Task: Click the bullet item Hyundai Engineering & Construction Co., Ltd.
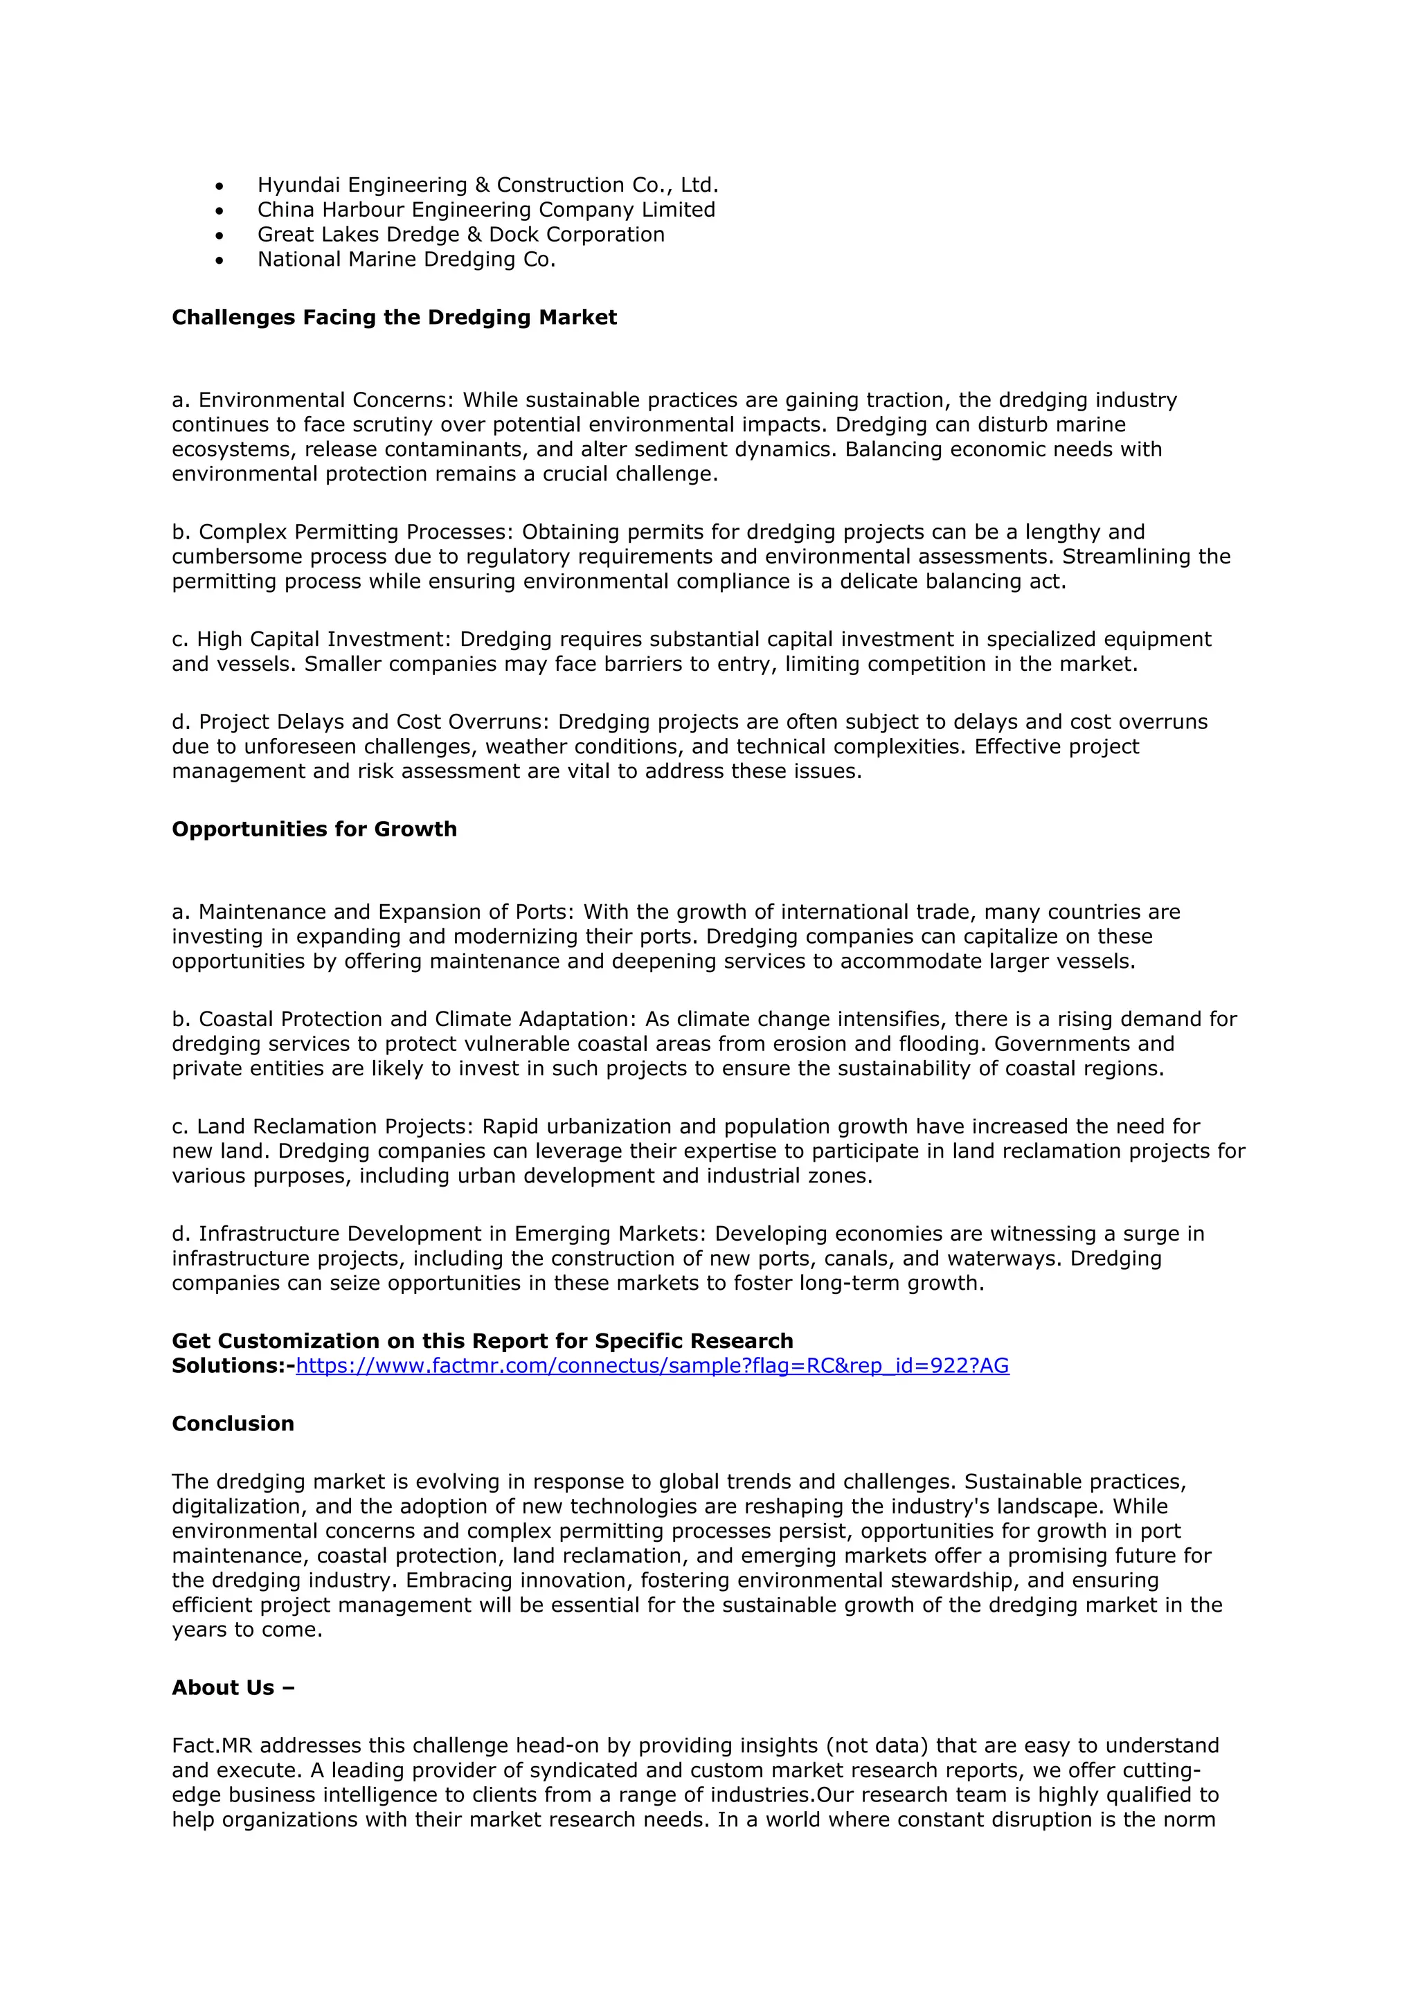point(487,185)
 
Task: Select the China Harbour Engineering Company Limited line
point(485,210)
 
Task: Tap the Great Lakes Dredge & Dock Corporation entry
point(460,234)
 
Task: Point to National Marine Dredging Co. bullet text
point(406,260)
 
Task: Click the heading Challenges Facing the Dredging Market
point(394,317)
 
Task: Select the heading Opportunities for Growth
point(314,829)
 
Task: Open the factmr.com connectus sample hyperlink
point(652,1366)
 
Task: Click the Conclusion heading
point(233,1423)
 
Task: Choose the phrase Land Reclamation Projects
point(334,1126)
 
